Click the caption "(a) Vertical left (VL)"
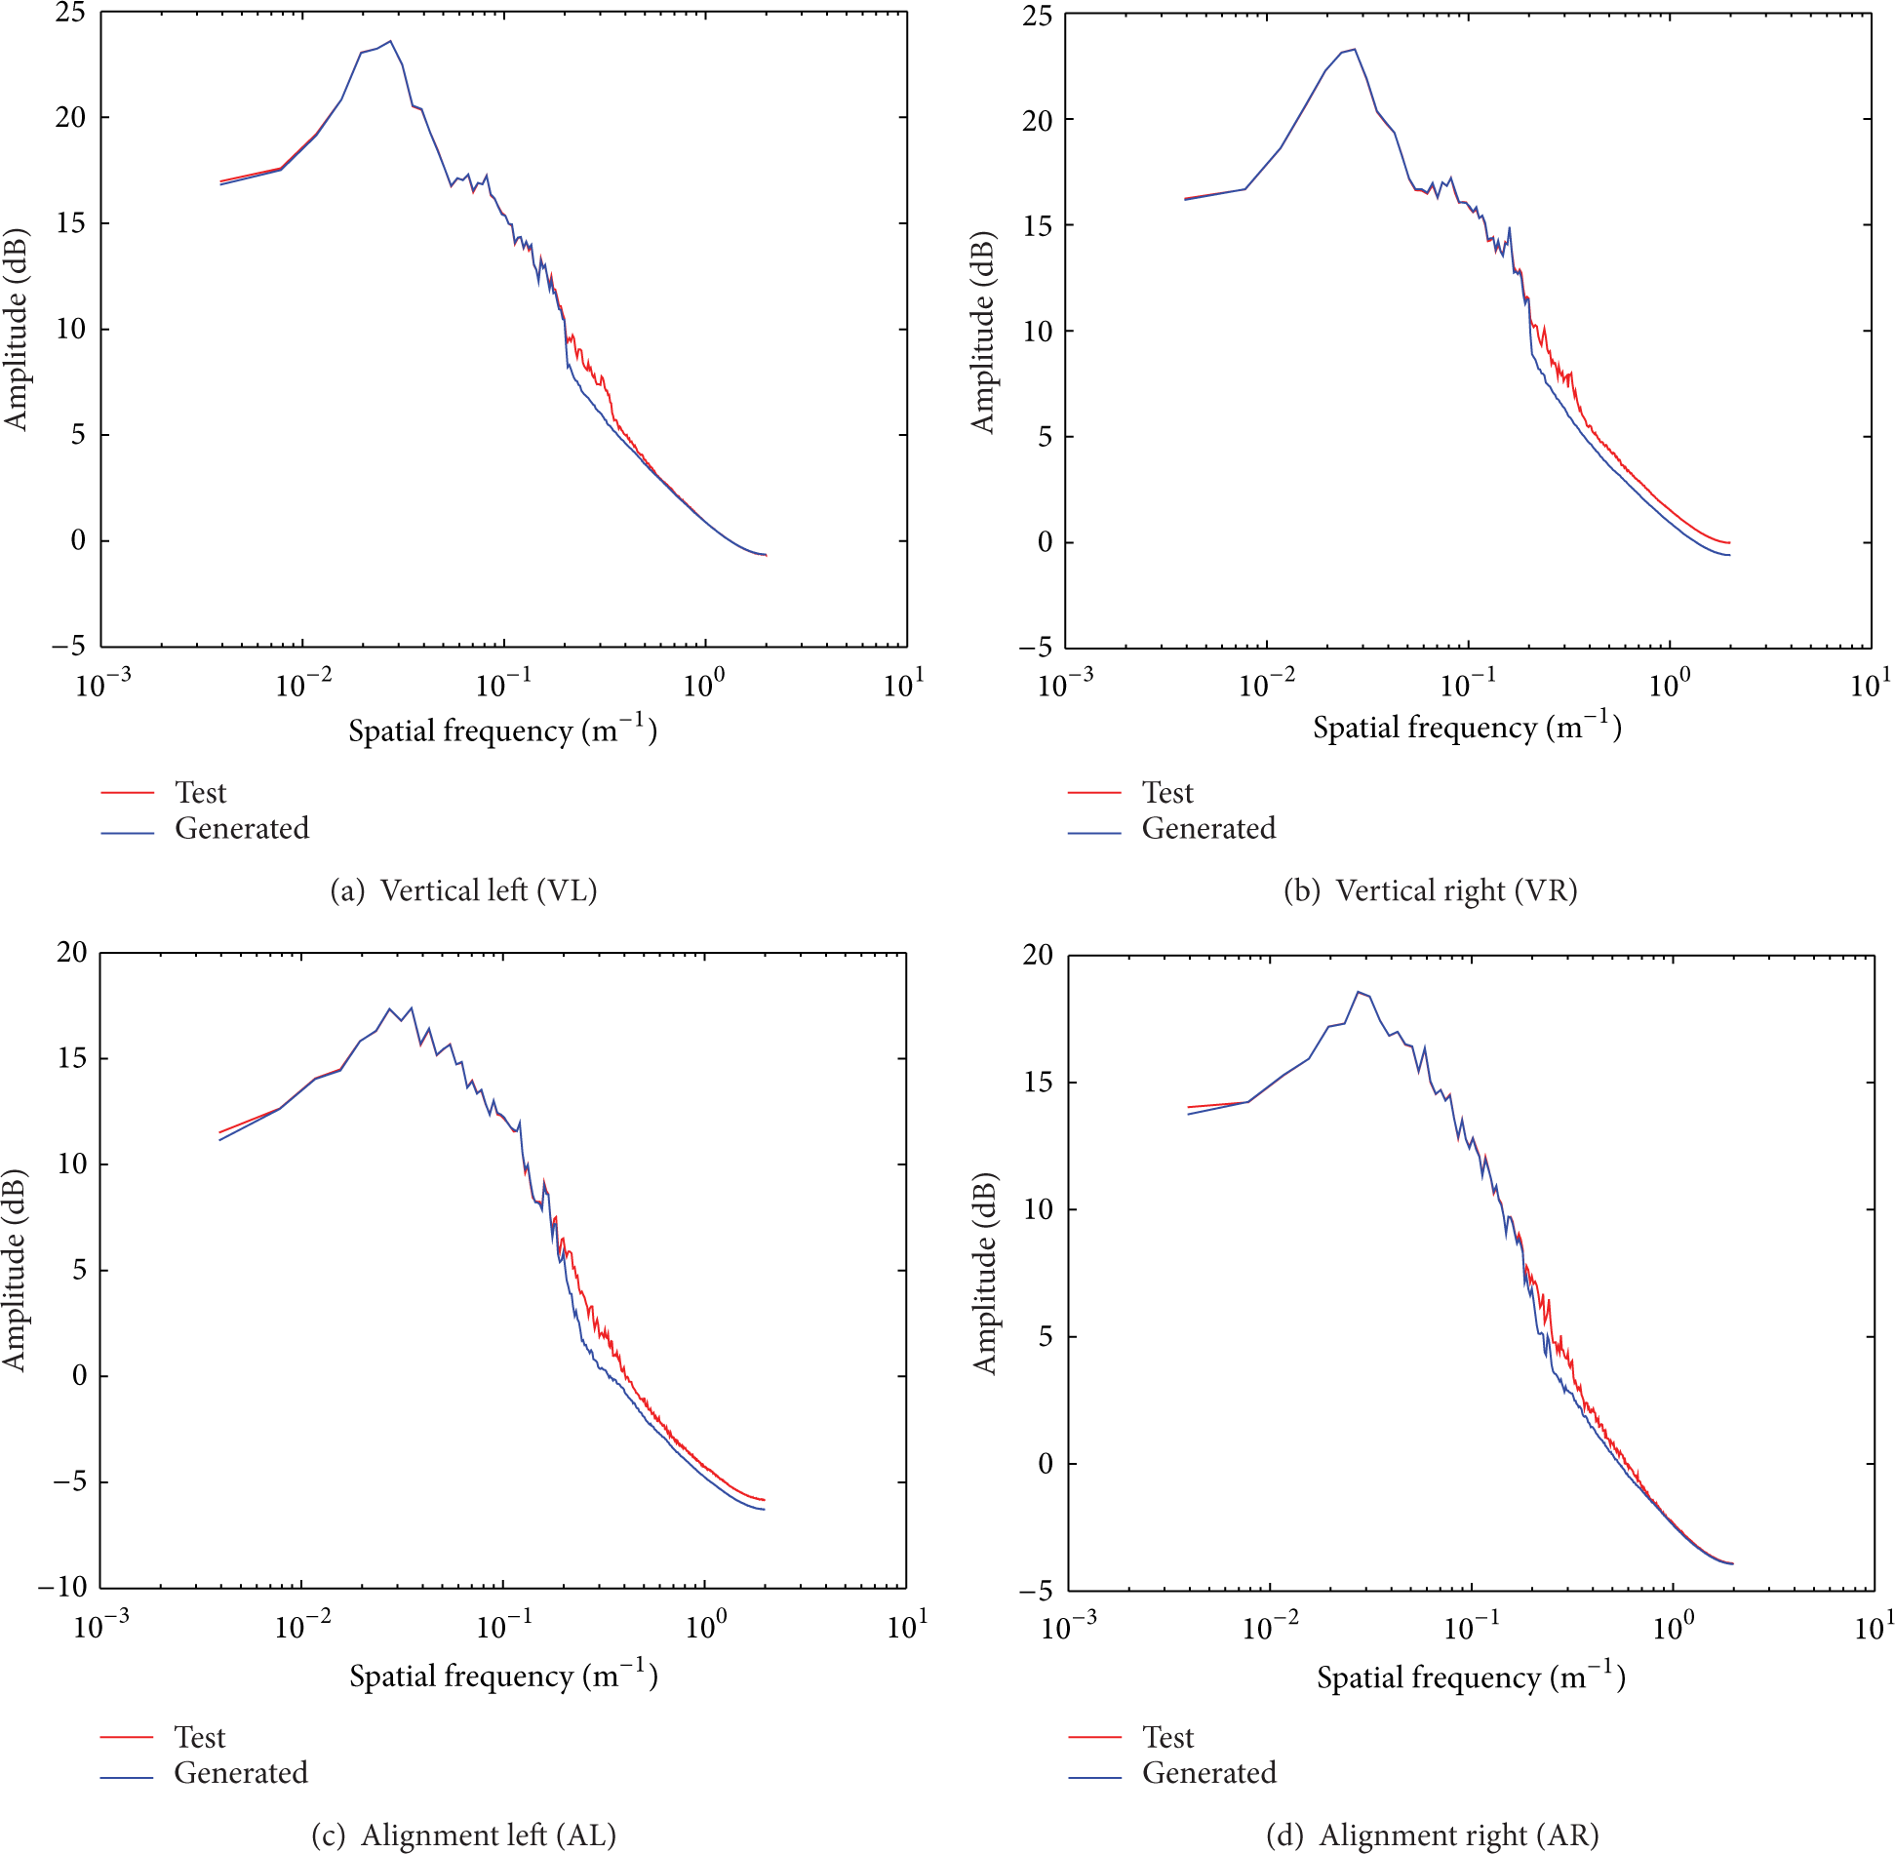coord(463,890)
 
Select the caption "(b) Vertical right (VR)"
coord(1430,890)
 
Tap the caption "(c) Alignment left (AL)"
coord(463,1834)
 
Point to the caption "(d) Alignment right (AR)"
coord(1432,1834)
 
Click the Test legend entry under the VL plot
coord(200,793)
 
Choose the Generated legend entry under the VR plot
coord(1208,829)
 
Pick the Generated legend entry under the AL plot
coord(241,1772)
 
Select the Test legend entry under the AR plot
coord(1167,1737)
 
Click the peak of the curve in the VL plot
coord(390,41)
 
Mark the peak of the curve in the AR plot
coord(1358,992)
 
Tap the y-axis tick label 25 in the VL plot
coord(70,13)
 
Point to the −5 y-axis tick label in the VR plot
coord(1036,647)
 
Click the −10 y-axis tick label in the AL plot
coord(62,1587)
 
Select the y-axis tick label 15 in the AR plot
coord(1038,1083)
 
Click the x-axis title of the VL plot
coord(502,730)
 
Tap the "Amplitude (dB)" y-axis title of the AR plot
coord(985,1274)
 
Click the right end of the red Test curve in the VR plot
coord(1729,543)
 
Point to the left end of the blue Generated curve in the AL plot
coord(220,1140)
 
